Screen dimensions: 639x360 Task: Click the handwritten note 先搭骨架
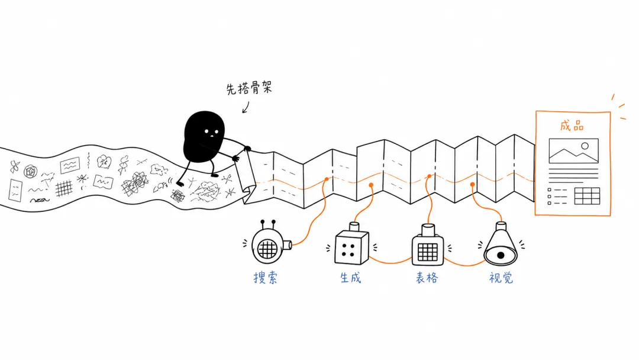249,88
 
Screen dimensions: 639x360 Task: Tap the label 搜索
265,278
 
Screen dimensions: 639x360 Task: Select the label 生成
350,278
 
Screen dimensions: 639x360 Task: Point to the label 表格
427,278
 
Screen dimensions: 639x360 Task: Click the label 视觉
501,278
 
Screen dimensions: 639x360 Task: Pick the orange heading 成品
572,126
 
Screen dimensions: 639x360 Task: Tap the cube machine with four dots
351,245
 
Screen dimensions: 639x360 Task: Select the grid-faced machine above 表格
428,246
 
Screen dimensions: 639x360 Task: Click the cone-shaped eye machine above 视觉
501,245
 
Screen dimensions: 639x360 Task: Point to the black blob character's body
204,137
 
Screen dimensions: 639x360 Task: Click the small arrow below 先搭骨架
246,107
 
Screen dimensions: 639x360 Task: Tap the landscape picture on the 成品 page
573,151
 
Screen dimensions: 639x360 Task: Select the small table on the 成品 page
587,196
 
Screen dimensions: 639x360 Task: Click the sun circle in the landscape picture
585,146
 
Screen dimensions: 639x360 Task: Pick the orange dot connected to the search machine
327,179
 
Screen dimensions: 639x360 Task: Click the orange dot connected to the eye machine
472,185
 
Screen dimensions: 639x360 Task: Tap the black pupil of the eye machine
501,256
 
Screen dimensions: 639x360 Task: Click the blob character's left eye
206,131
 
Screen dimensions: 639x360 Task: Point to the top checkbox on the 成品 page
549,189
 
